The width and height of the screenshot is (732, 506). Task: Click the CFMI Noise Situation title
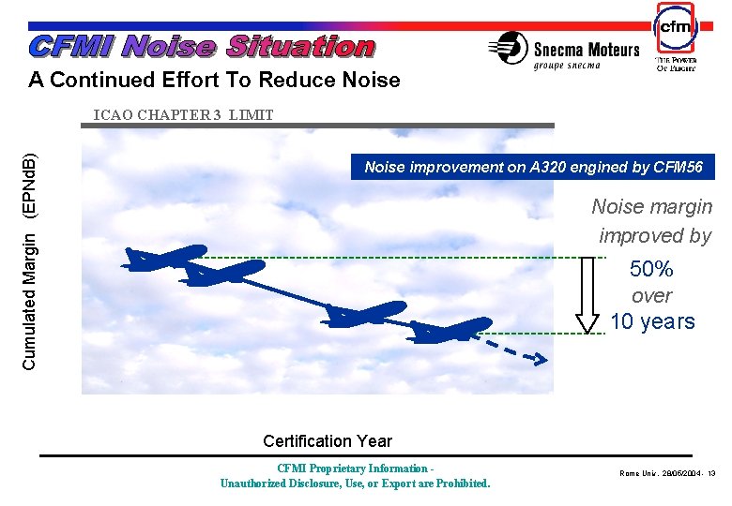202,46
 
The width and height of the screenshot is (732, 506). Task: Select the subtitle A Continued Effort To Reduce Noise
214,81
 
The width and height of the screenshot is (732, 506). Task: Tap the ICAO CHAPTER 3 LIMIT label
183,115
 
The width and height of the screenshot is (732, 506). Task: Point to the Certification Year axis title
328,440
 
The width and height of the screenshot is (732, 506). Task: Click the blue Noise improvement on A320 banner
532,168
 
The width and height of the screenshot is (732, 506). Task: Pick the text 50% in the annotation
651,269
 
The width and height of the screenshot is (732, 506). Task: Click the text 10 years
652,321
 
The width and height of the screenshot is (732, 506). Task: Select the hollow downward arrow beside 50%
587,294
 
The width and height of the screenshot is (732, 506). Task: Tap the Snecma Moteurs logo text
587,49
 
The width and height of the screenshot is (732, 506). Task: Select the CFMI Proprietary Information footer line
355,469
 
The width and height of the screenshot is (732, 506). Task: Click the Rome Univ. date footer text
667,473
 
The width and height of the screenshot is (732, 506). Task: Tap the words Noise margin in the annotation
651,206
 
